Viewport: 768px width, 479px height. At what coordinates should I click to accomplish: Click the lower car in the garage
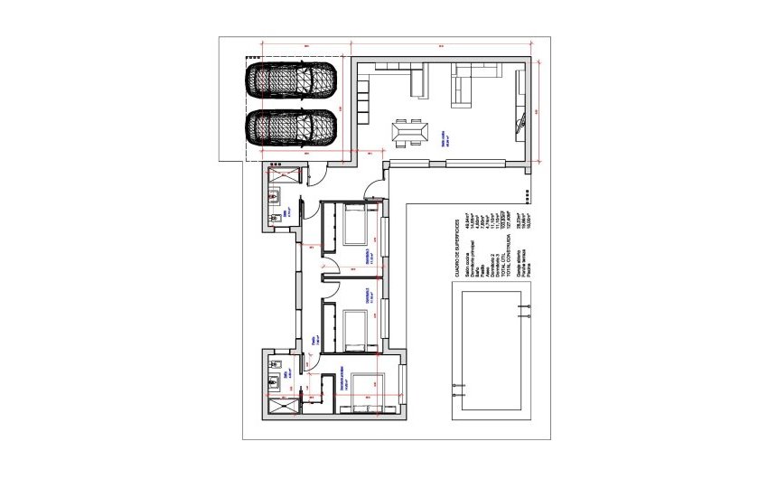[291, 127]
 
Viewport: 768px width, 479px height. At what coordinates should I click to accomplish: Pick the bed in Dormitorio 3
[354, 329]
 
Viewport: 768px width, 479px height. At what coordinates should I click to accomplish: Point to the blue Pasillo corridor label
[314, 339]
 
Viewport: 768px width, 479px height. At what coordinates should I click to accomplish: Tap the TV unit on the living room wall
[520, 104]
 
